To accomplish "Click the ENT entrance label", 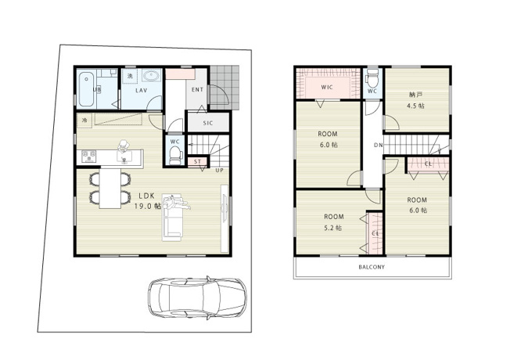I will [196, 91].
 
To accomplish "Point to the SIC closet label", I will [208, 123].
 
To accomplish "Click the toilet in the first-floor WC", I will [174, 151].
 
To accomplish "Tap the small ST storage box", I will [198, 162].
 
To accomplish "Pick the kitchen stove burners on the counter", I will [86, 155].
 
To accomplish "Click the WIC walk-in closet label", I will [328, 88].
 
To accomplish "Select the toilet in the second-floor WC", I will [373, 77].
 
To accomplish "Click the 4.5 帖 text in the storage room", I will [416, 106].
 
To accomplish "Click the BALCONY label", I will [372, 267].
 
